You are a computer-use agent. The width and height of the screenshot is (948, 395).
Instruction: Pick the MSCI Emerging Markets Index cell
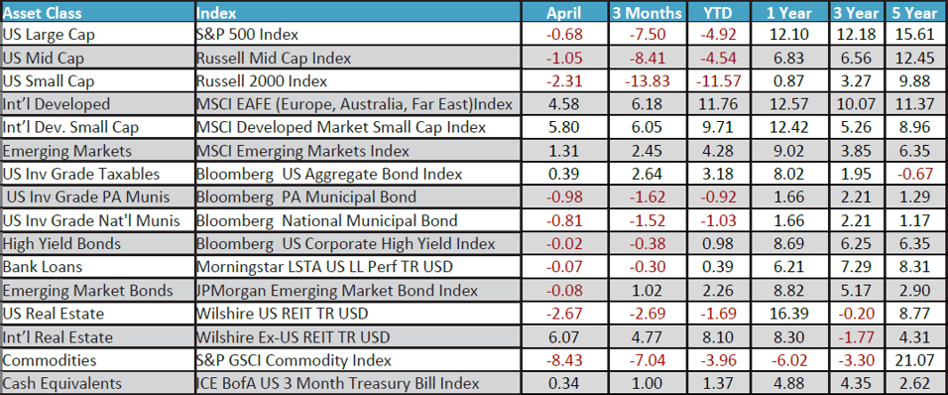tap(303, 151)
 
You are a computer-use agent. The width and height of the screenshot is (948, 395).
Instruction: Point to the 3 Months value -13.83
tap(646, 81)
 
